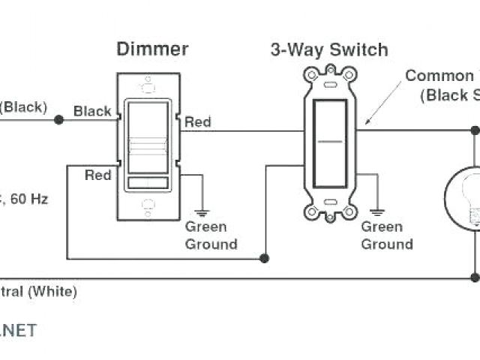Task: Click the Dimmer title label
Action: pos(152,49)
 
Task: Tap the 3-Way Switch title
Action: pos(329,50)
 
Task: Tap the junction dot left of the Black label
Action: pos(59,119)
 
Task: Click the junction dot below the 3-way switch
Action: pos(264,259)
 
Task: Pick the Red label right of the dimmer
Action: pos(198,122)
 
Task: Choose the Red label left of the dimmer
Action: pos(97,175)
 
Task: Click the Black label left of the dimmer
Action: pos(92,111)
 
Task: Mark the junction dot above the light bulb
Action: pos(475,130)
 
